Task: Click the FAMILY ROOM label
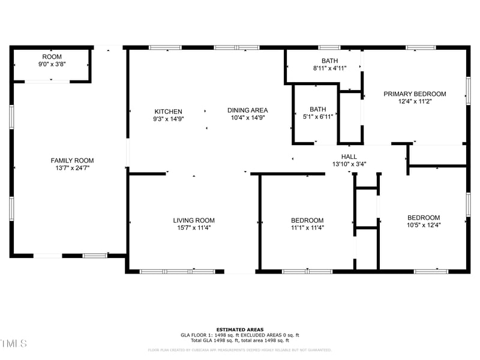coord(72,160)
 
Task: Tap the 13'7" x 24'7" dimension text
coord(72,168)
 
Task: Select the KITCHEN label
coord(168,112)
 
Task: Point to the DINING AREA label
coord(247,110)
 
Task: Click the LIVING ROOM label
coord(194,220)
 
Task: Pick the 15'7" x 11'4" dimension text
coord(194,228)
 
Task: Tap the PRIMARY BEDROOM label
coord(415,94)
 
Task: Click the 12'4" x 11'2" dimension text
coord(415,102)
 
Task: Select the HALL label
coord(349,156)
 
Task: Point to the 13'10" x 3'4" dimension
coord(349,164)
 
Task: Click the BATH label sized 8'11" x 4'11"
coord(329,61)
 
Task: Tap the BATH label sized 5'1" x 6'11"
coord(318,109)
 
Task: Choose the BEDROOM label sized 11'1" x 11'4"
coord(307,220)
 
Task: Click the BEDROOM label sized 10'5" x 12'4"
coord(424,218)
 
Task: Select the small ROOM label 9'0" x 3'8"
coord(52,56)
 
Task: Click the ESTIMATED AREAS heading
coord(240,329)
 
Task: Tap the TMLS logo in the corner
coord(14,343)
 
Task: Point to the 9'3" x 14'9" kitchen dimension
coord(168,119)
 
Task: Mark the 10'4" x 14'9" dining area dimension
coord(247,118)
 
